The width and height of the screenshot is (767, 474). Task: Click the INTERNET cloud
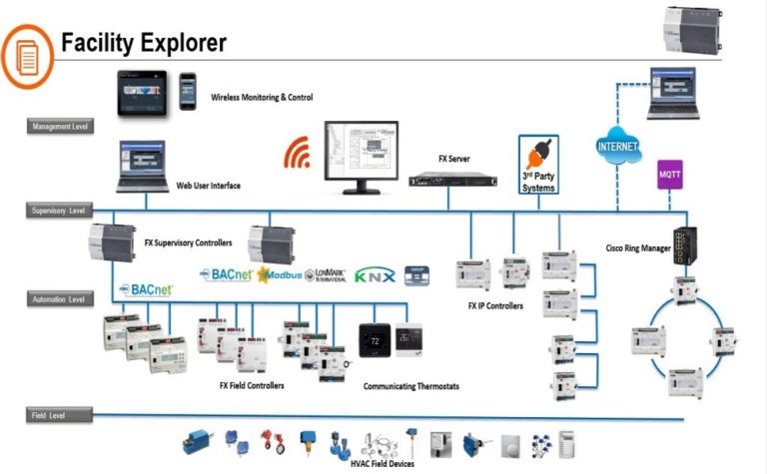[x=616, y=147]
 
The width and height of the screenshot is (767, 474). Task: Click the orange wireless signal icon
[x=298, y=153]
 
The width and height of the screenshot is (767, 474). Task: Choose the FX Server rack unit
[x=452, y=181]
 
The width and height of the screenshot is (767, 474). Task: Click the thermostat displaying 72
[x=376, y=341]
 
